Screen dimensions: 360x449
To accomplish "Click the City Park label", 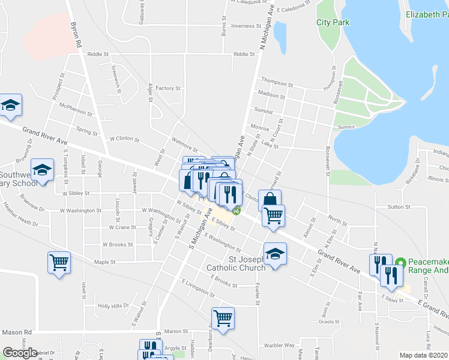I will click(331, 23).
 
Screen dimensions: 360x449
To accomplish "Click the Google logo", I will click(20, 352).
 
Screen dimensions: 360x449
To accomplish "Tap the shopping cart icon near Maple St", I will click(59, 261).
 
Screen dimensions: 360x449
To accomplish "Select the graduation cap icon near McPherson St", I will click(10, 105).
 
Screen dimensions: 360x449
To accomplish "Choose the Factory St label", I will click(168, 88).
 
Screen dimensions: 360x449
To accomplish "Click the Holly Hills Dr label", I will click(113, 305).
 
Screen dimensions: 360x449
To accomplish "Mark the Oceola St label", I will click(329, 321).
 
